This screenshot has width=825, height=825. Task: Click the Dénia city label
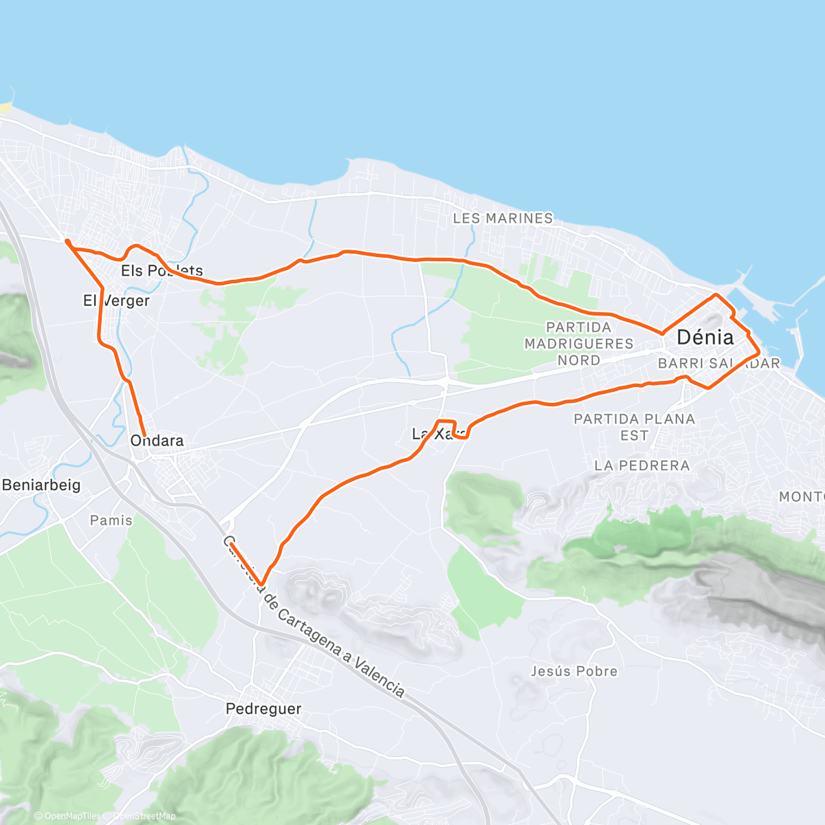pos(705,338)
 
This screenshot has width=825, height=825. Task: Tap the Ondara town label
pos(157,441)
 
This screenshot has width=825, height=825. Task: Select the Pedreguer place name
pos(263,709)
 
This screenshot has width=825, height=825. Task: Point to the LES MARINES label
pos(503,218)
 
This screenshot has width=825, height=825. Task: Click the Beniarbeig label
pos(41,485)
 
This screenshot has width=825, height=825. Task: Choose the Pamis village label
pos(111,520)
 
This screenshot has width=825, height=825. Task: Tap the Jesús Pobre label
pos(574,671)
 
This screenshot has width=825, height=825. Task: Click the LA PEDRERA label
pos(641,465)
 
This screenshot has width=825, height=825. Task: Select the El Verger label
pos(116,300)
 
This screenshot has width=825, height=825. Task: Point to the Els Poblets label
pos(162,271)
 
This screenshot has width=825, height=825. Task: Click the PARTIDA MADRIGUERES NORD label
pos(578,343)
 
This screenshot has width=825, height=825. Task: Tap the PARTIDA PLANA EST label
pos(634,427)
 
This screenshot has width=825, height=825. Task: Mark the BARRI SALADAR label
pos(718,364)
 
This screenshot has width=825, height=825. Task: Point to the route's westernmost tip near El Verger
pos(67,241)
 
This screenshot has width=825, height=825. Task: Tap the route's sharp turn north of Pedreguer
pos(261,584)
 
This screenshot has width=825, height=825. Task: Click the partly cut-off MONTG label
pos(802,496)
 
